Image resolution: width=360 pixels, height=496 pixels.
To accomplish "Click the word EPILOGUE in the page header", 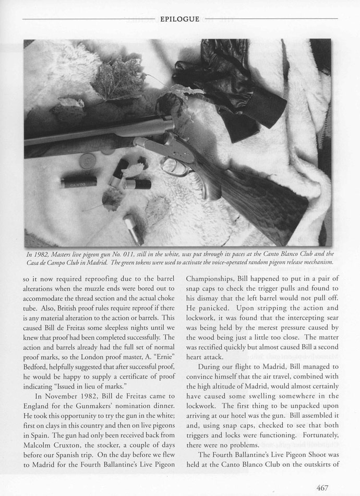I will tap(180, 19).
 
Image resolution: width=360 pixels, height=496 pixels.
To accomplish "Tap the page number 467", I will tap(321, 488).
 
